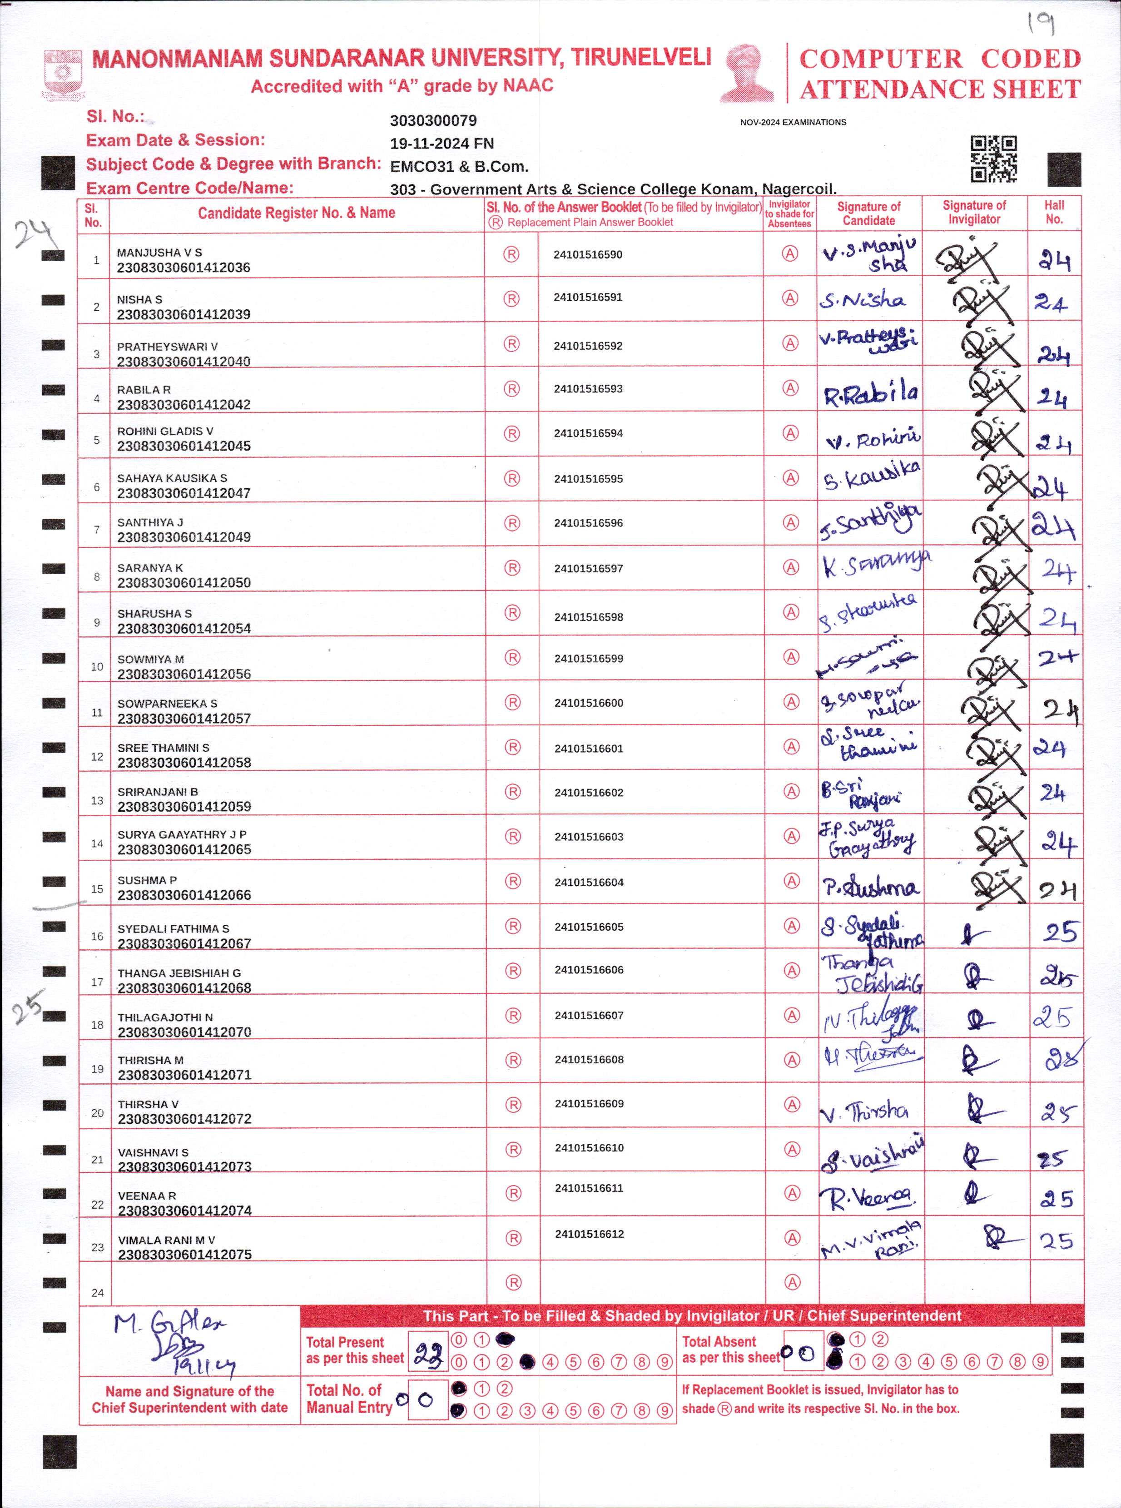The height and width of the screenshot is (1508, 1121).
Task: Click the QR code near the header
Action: [x=993, y=159]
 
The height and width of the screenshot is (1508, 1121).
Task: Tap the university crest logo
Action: [x=63, y=74]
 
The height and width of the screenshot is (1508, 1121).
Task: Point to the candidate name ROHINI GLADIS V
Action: [x=165, y=432]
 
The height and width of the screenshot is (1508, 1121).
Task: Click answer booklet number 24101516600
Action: [x=588, y=703]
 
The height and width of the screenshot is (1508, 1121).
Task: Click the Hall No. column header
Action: [x=1054, y=213]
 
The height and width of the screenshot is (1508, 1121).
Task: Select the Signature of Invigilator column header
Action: [x=974, y=213]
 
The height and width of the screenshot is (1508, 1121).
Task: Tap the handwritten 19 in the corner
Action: [x=1040, y=24]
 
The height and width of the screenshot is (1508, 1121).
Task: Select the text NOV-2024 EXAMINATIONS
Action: [x=793, y=122]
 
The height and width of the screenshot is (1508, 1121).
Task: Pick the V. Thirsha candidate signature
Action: [x=864, y=1111]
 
